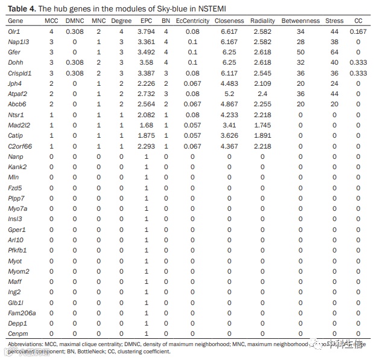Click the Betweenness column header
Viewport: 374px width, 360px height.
[300, 21]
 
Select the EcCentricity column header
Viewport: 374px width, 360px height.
[192, 21]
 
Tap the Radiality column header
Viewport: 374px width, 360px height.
[262, 21]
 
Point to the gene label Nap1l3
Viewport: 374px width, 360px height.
[19, 42]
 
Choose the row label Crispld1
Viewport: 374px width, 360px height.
[21, 72]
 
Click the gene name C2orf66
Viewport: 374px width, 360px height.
[21, 146]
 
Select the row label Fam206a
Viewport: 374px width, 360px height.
[22, 312]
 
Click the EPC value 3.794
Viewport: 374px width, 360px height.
[147, 31]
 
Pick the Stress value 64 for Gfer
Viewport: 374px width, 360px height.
[335, 52]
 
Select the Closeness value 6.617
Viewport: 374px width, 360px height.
[229, 31]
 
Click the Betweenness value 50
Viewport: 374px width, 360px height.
[300, 52]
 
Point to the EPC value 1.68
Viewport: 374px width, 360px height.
[147, 124]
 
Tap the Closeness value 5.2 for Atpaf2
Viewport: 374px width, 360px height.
[229, 94]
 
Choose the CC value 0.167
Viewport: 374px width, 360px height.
[358, 31]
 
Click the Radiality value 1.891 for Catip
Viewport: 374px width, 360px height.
[262, 135]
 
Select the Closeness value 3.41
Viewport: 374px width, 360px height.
[229, 124]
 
